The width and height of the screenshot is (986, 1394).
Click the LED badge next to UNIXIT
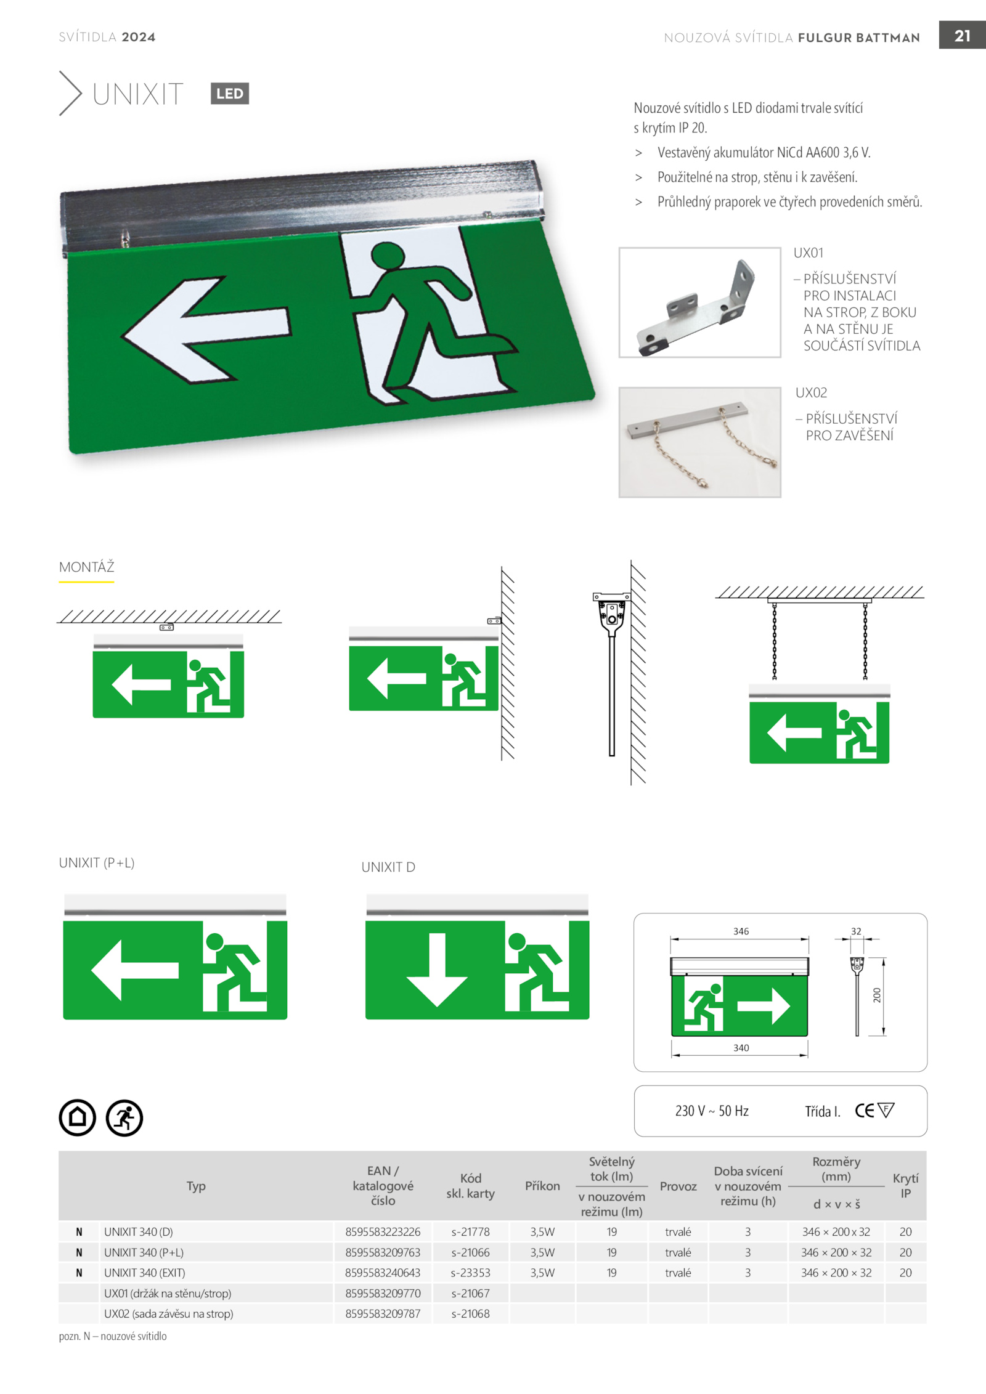(229, 94)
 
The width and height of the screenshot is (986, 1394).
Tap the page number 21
(962, 36)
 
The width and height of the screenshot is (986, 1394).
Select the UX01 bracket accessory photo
(699, 302)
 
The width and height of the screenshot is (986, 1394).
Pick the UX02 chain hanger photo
(699, 442)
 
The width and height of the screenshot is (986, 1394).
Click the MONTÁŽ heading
(87, 567)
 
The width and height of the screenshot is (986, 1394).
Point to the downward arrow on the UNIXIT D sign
(437, 969)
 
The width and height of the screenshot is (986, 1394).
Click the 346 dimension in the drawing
(741, 931)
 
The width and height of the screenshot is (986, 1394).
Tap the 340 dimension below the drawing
(741, 1048)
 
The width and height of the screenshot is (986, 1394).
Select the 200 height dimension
(877, 995)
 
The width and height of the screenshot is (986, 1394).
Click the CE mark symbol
(864, 1111)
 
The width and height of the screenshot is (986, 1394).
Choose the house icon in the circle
(78, 1117)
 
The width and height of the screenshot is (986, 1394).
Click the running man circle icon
(124, 1117)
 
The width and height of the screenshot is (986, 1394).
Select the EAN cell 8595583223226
(383, 1232)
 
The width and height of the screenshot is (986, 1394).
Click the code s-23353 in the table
(470, 1273)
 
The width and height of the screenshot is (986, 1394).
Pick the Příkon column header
(542, 1186)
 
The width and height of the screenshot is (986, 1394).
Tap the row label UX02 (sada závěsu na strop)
(169, 1313)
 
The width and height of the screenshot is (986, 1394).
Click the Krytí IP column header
(905, 1186)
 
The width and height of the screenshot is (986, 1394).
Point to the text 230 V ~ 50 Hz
(712, 1111)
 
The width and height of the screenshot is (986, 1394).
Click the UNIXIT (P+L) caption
(97, 863)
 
